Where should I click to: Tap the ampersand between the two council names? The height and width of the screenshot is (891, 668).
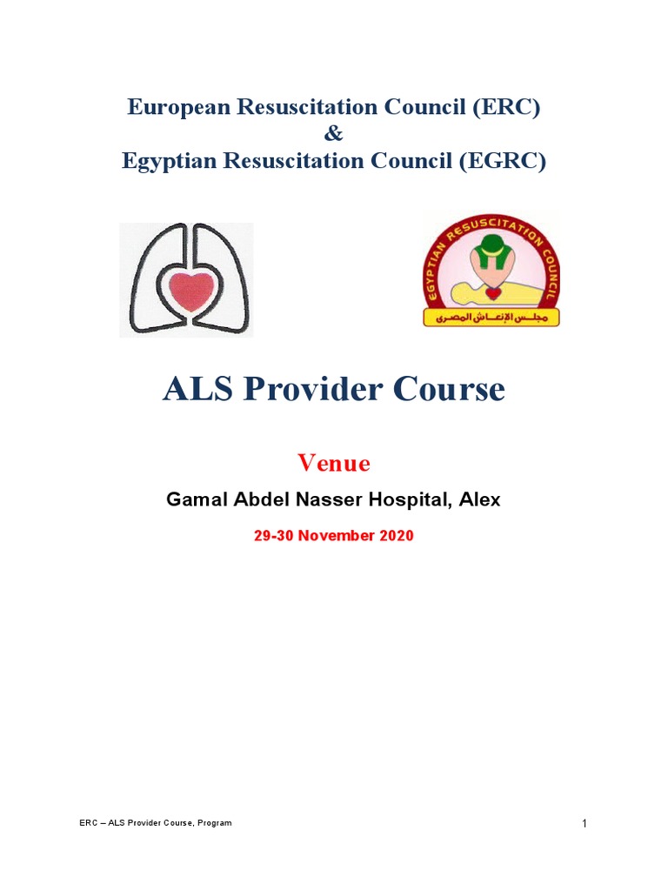(x=334, y=134)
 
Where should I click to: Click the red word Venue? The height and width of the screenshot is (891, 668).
(x=334, y=463)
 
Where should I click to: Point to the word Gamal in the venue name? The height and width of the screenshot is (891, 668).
(x=195, y=500)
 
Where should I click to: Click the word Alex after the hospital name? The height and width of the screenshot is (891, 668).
(x=481, y=500)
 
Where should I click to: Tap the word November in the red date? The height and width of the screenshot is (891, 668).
(x=338, y=536)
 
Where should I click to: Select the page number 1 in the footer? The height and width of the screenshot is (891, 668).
(x=584, y=824)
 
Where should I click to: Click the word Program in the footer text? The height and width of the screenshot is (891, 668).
(x=213, y=823)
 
